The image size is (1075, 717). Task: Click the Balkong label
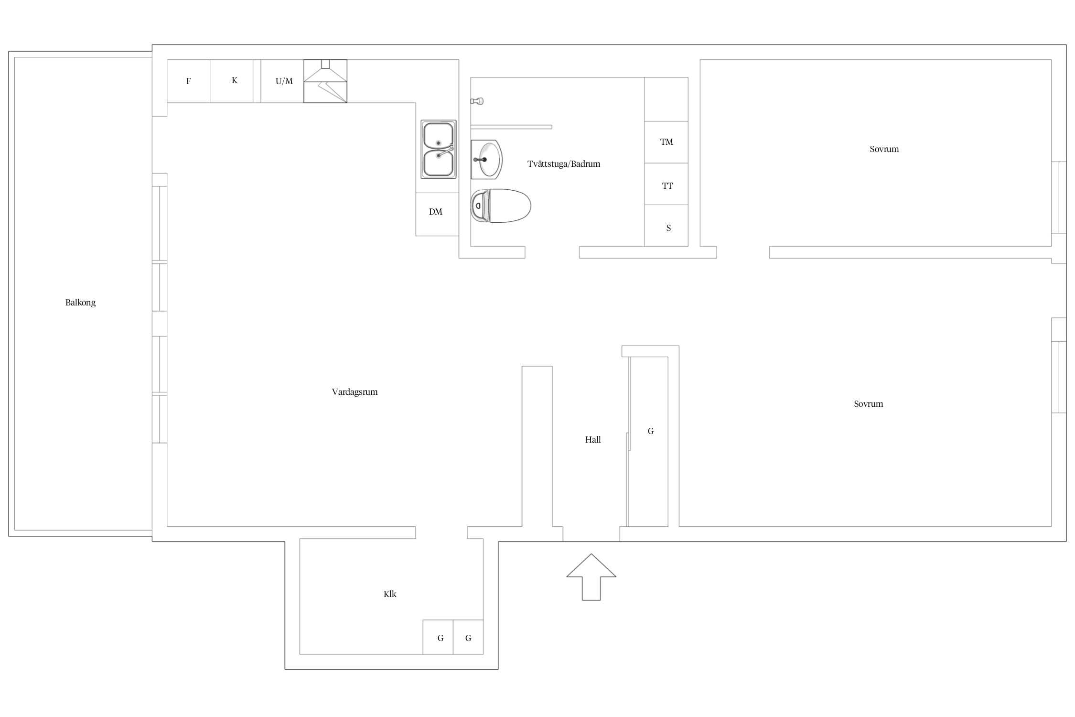pos(80,303)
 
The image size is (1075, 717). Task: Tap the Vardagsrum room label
pos(355,392)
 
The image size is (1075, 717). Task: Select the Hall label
pos(593,440)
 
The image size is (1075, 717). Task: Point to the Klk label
pos(390,594)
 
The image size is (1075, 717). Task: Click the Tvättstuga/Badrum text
pos(564,164)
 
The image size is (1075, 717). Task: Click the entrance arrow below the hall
pos(591,577)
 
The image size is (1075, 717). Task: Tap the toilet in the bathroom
pos(501,206)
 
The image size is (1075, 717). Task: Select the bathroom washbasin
pos(486,160)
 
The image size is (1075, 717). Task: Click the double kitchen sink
pos(438,150)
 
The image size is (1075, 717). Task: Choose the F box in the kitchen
pos(188,81)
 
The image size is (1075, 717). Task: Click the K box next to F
pos(232,81)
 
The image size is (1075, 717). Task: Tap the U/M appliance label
pos(284,81)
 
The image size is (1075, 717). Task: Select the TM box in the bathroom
pos(666,142)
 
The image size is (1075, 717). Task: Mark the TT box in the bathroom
pos(666,184)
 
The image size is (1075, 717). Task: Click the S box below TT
pos(666,226)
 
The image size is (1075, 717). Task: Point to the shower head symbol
pos(477,101)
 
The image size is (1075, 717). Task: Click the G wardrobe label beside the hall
pos(651,431)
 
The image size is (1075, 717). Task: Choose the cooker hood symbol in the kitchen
pos(325,81)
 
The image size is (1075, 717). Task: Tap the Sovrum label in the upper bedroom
pos(884,149)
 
